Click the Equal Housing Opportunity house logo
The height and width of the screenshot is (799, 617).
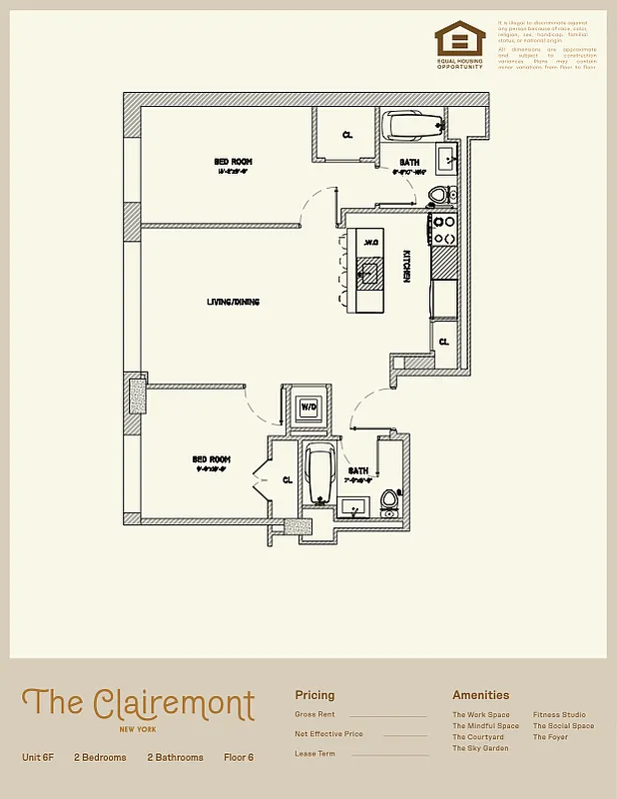click(x=459, y=41)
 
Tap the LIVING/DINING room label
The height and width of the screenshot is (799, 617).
click(x=233, y=302)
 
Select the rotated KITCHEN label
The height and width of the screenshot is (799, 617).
click(x=406, y=267)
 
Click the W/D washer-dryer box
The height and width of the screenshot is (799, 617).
click(x=308, y=407)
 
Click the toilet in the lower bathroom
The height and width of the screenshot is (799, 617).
click(x=390, y=501)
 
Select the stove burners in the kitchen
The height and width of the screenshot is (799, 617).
click(x=443, y=230)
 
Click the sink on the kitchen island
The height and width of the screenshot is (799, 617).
click(x=368, y=271)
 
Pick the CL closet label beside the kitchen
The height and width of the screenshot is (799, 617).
click(x=444, y=342)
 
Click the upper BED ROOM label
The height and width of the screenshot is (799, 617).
click(x=233, y=161)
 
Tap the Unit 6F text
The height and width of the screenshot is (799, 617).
click(x=38, y=758)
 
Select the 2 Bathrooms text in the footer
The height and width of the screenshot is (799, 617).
click(x=175, y=758)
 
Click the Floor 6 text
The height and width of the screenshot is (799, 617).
click(x=239, y=758)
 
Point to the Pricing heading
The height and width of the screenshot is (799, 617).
click(x=314, y=695)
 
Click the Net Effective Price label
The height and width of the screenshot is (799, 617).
click(x=328, y=734)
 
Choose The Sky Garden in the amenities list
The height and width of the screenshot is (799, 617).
click(x=480, y=748)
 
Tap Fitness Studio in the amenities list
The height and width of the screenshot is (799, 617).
click(x=559, y=715)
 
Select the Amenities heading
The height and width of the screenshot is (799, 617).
click(x=480, y=695)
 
